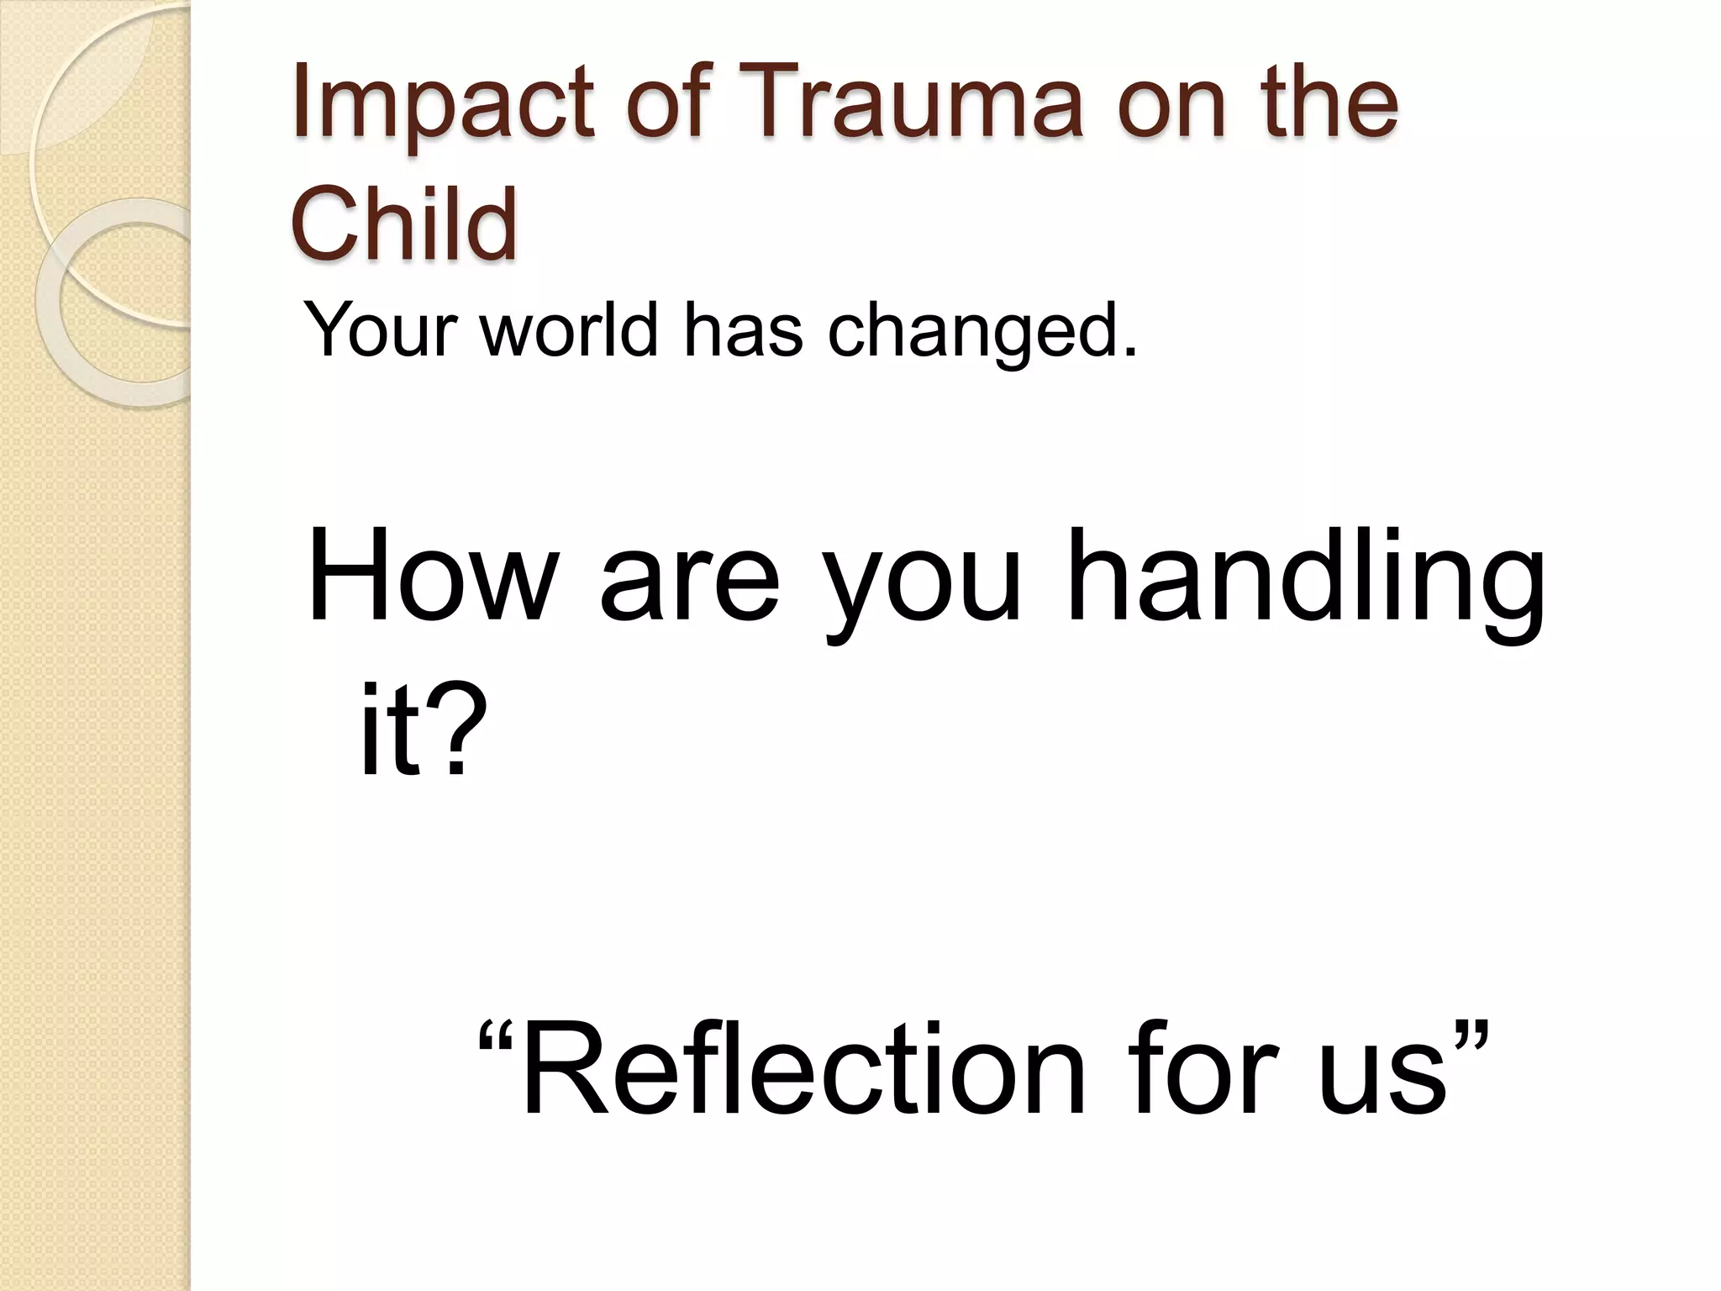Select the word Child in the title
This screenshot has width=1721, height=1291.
(403, 224)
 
